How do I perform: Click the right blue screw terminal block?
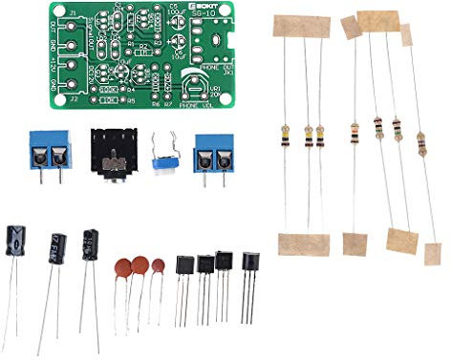pyautogui.click(x=215, y=151)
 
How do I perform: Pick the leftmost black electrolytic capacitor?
pyautogui.click(x=17, y=243)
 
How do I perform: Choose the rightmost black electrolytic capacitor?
pyautogui.click(x=92, y=244)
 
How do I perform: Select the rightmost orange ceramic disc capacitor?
pyautogui.click(x=156, y=270)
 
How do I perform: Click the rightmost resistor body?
pyautogui.click(x=421, y=144)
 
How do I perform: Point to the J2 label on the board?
pyautogui.click(x=75, y=95)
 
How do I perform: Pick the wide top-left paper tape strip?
pyautogui.click(x=300, y=26)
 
